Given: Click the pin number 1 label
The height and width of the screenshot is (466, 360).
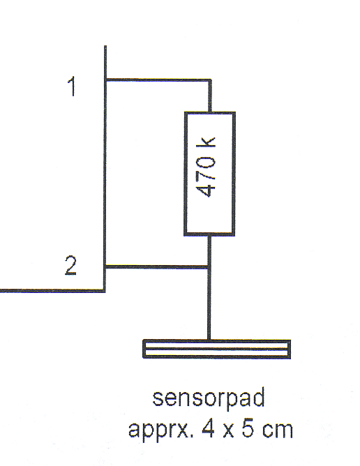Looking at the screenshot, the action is point(72,87).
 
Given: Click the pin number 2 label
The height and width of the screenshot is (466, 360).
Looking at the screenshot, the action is point(70,265).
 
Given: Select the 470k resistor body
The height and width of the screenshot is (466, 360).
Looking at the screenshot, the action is point(209,174).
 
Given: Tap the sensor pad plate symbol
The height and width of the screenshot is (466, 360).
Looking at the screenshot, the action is point(217,349).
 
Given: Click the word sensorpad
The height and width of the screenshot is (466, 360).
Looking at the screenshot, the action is point(209,398).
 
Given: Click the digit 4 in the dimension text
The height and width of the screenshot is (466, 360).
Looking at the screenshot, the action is point(209,428).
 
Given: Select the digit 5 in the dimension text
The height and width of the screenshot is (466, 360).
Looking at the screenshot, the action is point(248,428).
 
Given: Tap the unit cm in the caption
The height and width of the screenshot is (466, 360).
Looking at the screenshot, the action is point(278,431).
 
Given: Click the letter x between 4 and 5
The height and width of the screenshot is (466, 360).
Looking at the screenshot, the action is point(228,431).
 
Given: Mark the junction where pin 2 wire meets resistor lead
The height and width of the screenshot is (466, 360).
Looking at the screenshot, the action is point(209,267).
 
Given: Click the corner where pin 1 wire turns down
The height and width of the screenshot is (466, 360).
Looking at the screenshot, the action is point(209,80).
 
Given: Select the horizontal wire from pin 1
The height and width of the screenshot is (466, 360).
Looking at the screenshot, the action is point(158,80).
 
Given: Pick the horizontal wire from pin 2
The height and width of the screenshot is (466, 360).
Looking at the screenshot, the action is point(157,267).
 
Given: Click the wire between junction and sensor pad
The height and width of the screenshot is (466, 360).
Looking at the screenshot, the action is point(209,303).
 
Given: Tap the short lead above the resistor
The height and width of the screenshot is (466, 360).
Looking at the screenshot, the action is point(209,96).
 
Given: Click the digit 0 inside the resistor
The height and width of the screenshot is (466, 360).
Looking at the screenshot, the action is point(206,161).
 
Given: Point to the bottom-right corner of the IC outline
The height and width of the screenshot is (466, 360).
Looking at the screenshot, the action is point(105,291).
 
